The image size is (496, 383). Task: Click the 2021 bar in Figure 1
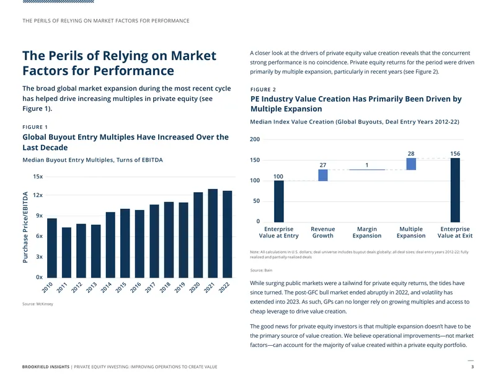tap(213, 234)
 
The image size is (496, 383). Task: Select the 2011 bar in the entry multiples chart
tap(66, 253)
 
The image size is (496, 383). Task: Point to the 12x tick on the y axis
tap(38, 195)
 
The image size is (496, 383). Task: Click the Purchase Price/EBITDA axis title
tap(25, 227)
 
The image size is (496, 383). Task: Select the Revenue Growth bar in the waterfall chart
tap(323, 175)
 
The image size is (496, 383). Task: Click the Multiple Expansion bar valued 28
tap(411, 164)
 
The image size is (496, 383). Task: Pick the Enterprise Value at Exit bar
tap(455, 190)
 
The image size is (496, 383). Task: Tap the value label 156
tap(455, 154)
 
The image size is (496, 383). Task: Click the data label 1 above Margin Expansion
tap(367, 165)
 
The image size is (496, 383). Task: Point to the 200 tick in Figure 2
tap(255, 139)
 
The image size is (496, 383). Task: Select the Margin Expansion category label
tap(367, 232)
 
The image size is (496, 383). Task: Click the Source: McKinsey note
tap(38, 304)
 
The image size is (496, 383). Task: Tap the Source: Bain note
tap(261, 270)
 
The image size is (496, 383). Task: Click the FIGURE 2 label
tap(263, 89)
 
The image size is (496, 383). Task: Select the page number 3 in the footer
tap(472, 367)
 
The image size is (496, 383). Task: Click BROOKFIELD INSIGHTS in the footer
tap(46, 367)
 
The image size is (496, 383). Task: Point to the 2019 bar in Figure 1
tap(184, 240)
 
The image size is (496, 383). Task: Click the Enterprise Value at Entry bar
tap(278, 201)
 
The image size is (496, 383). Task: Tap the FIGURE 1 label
tap(35, 127)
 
